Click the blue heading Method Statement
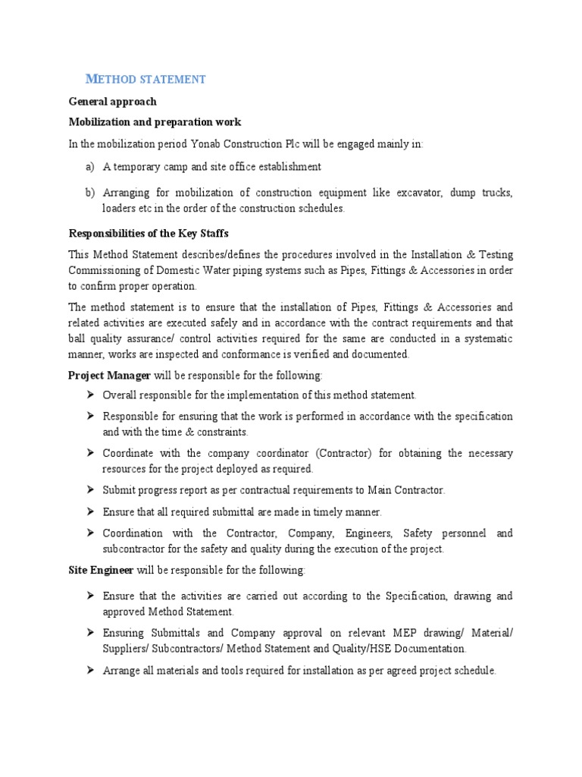(145, 79)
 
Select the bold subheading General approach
(113, 102)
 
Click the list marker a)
(90, 166)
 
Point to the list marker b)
(90, 193)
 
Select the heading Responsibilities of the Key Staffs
(149, 233)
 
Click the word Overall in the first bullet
(120, 395)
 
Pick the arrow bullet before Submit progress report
(90, 490)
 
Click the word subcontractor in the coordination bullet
(133, 549)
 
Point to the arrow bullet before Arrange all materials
(90, 670)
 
